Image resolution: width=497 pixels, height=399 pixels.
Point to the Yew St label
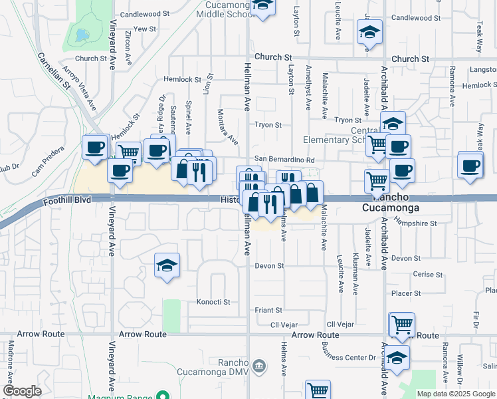(x=144, y=29)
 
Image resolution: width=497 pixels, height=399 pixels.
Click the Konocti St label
(x=213, y=302)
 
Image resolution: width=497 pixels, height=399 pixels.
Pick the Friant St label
(x=269, y=310)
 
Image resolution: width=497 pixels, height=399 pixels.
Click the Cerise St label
(x=427, y=275)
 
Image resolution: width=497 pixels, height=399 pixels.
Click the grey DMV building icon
(x=259, y=365)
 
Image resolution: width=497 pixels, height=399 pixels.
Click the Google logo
(x=22, y=391)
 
